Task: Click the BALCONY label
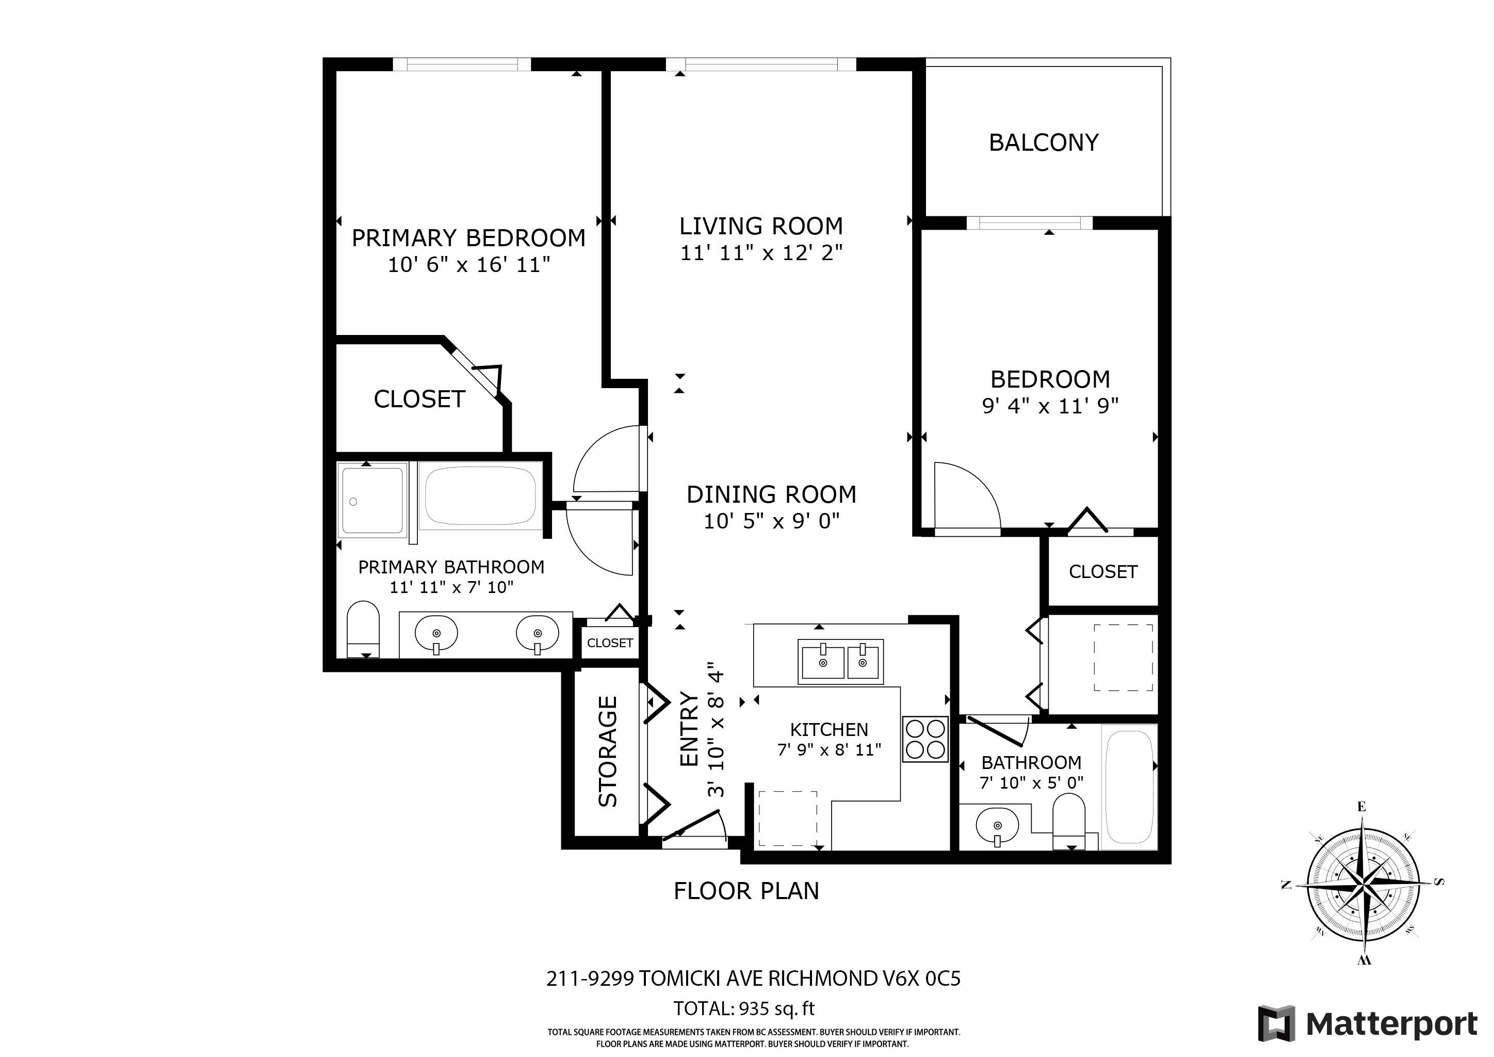click(1044, 142)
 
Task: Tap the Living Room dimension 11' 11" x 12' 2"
click(761, 252)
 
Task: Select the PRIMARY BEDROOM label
click(468, 238)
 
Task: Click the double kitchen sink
click(841, 661)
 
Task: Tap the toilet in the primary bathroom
click(363, 629)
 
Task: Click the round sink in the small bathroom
click(998, 826)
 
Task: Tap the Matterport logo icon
click(1276, 1023)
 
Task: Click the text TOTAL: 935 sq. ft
click(744, 1009)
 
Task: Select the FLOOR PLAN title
click(746, 891)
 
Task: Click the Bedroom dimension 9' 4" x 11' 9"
click(1050, 406)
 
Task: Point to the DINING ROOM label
click(772, 494)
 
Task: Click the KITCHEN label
click(829, 730)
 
